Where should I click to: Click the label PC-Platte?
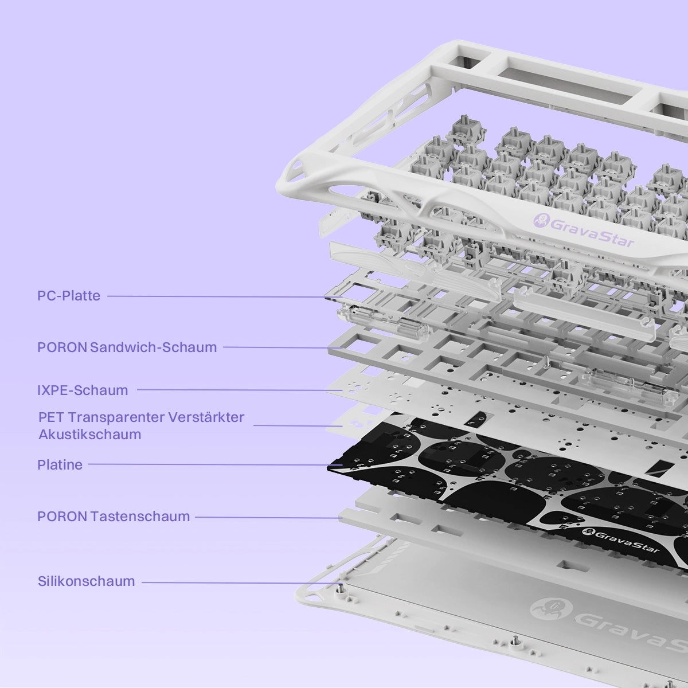click(x=69, y=296)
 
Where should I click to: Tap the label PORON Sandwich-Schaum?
click(x=127, y=347)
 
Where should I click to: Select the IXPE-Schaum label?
click(x=83, y=390)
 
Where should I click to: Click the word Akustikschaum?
click(x=90, y=435)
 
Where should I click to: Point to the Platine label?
click(x=60, y=464)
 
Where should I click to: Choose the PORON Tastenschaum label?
click(x=114, y=516)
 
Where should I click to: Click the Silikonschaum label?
click(x=87, y=581)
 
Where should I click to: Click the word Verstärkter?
click(x=206, y=417)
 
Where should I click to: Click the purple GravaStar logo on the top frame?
click(x=585, y=229)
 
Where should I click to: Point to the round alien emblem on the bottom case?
click(x=552, y=609)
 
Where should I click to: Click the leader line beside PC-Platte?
click(x=225, y=296)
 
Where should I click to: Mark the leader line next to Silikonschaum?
click(x=242, y=583)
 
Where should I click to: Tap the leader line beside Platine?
click(x=216, y=464)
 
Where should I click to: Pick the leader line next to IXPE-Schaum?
click(x=240, y=390)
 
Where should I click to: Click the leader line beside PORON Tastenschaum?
click(x=268, y=517)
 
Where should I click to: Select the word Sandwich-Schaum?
click(x=154, y=347)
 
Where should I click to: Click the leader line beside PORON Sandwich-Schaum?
click(x=283, y=347)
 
